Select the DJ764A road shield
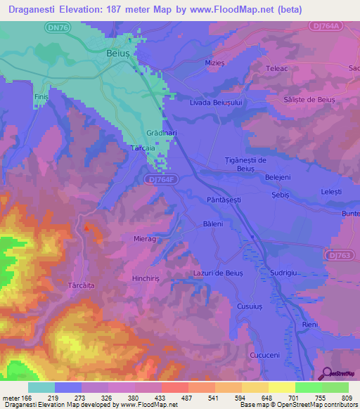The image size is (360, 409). (326, 25)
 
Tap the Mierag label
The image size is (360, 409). (145, 239)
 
